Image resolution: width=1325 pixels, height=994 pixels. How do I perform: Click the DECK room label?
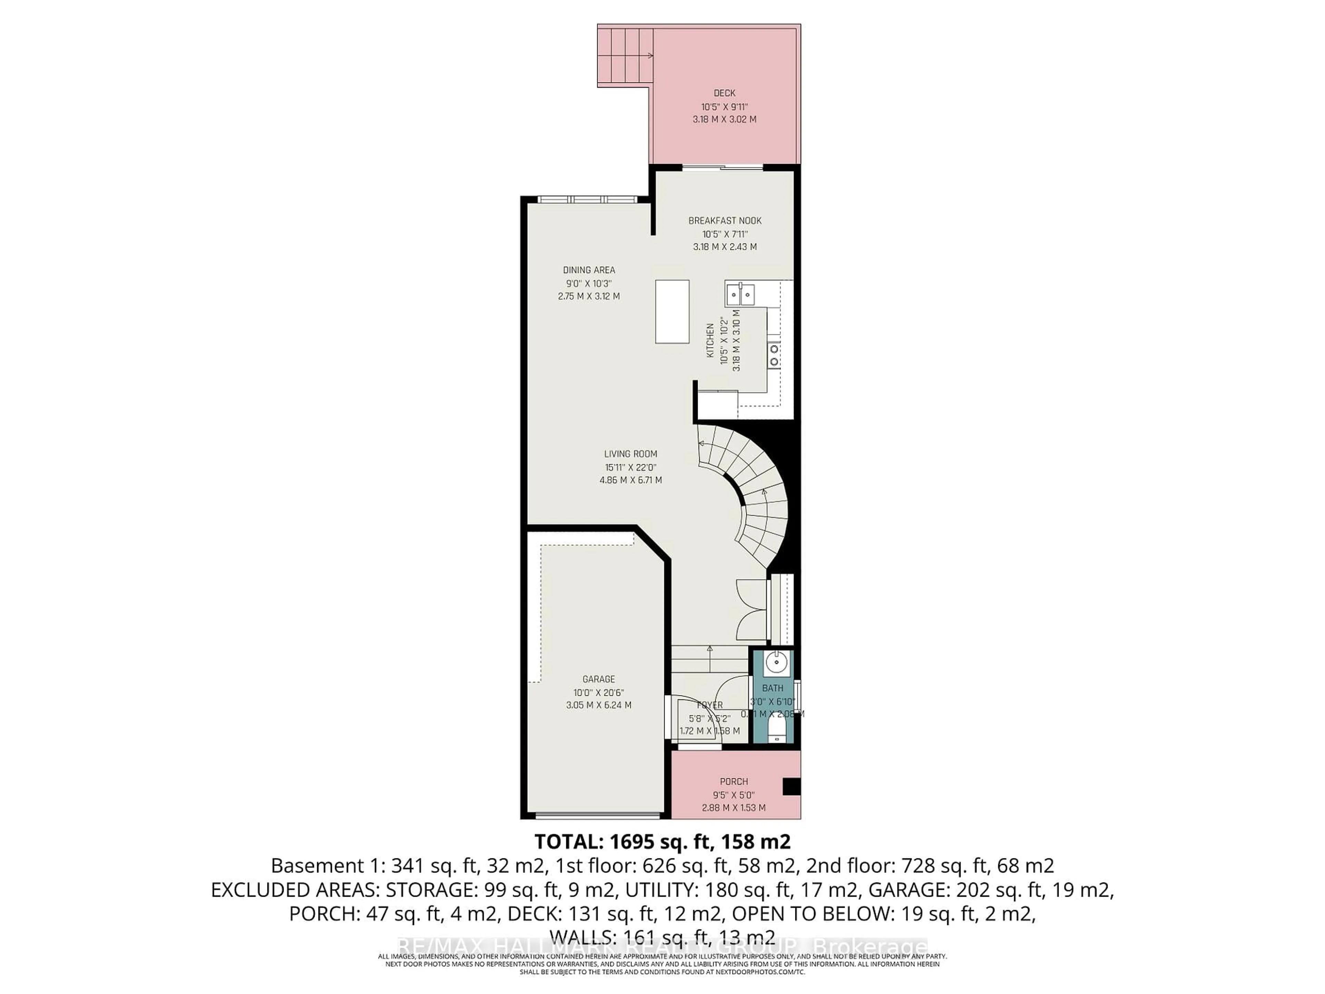pyautogui.click(x=724, y=93)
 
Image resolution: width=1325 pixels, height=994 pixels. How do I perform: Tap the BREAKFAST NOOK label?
pyautogui.click(x=725, y=221)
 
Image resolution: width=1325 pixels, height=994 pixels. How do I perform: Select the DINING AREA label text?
pyautogui.click(x=588, y=270)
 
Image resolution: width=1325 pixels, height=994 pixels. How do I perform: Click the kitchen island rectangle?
pyautogui.click(x=672, y=312)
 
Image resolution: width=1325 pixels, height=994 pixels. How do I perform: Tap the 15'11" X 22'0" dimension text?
pyautogui.click(x=631, y=467)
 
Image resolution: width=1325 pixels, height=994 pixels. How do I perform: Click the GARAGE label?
pyautogui.click(x=598, y=679)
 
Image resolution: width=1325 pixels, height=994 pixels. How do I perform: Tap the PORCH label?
pyautogui.click(x=734, y=781)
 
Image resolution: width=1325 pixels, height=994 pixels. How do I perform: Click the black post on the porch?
pyautogui.click(x=791, y=786)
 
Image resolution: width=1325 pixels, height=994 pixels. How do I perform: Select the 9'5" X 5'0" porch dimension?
pyautogui.click(x=734, y=795)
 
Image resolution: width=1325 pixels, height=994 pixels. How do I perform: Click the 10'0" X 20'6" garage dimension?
pyautogui.click(x=598, y=692)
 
